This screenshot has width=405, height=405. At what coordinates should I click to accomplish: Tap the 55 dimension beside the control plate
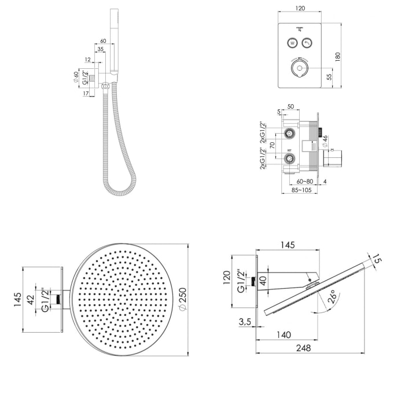point(329,76)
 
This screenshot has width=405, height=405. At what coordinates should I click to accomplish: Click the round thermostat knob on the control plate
point(300,71)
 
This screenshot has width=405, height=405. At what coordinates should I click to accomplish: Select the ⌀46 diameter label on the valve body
point(325,141)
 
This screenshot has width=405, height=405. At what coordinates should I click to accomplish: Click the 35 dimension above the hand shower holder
point(101,50)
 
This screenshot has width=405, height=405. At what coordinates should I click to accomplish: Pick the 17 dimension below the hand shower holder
point(86,93)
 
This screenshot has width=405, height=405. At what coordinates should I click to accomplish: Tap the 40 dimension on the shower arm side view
point(263,281)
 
